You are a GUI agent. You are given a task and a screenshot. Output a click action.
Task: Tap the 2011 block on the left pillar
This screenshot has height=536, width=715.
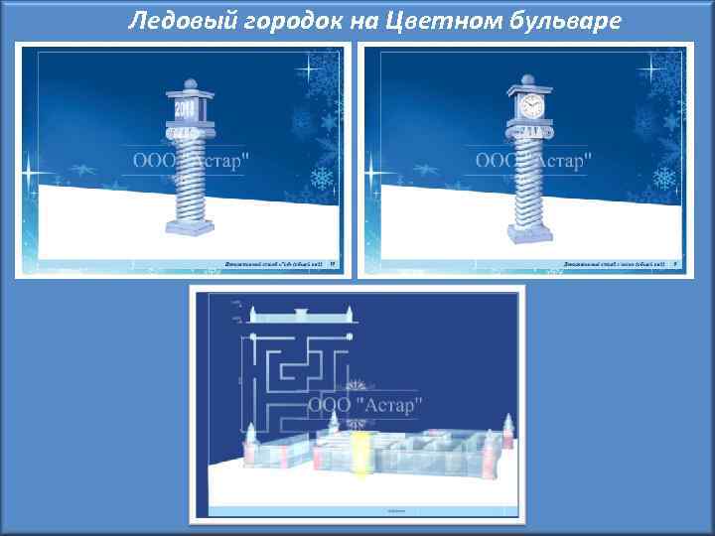coord(187,107)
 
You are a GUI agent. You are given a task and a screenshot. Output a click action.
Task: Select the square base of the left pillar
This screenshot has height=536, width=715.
coord(189,228)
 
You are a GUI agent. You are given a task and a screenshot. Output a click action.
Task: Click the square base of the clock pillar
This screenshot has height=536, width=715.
coord(528,232)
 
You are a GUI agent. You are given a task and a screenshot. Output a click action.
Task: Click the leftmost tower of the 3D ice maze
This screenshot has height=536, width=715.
coord(251,437)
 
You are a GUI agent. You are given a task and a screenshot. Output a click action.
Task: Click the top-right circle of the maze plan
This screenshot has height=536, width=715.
coord(350,338)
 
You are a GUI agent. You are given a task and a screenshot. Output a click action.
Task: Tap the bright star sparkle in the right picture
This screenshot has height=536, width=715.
coord(653,69)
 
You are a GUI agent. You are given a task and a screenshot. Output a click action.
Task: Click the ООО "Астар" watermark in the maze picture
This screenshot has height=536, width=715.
coord(365,405)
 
